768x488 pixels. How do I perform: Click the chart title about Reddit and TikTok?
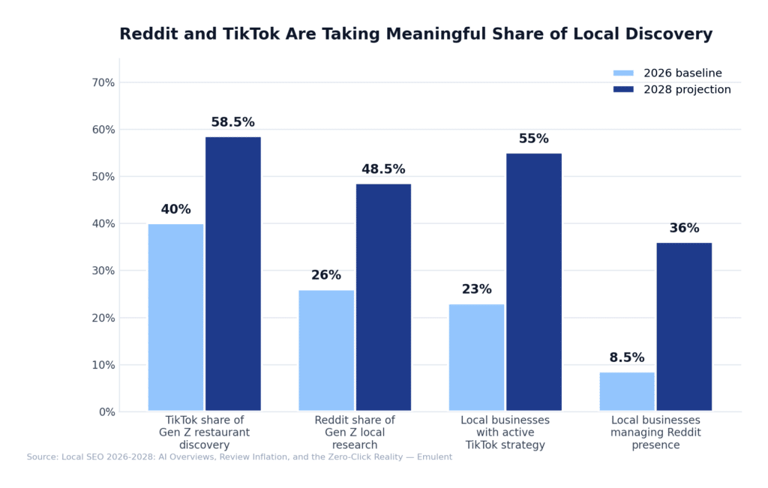[x=415, y=34]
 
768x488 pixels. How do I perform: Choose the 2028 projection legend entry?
[x=671, y=90]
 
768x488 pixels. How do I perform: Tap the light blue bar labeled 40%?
[x=175, y=317]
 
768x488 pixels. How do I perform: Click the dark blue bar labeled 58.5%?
[x=233, y=274]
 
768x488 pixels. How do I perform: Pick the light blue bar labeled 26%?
[x=326, y=350]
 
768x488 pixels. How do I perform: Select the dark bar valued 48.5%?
[x=383, y=297]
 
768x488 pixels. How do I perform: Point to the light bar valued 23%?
[x=476, y=357]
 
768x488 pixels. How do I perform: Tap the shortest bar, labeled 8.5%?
[x=627, y=391]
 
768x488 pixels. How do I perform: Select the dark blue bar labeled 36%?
[x=684, y=327]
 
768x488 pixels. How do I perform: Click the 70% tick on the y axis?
[x=103, y=82]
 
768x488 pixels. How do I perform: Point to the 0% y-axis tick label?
[x=106, y=412]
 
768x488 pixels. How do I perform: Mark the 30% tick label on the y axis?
[x=103, y=271]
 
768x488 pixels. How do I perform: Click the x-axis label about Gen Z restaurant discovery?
[x=204, y=433]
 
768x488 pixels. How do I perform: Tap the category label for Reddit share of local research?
[x=355, y=433]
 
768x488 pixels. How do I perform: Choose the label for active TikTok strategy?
[x=505, y=433]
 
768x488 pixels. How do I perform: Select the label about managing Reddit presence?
[x=655, y=433]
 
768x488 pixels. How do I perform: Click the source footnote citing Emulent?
[x=239, y=457]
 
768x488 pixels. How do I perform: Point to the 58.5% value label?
[x=232, y=123]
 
